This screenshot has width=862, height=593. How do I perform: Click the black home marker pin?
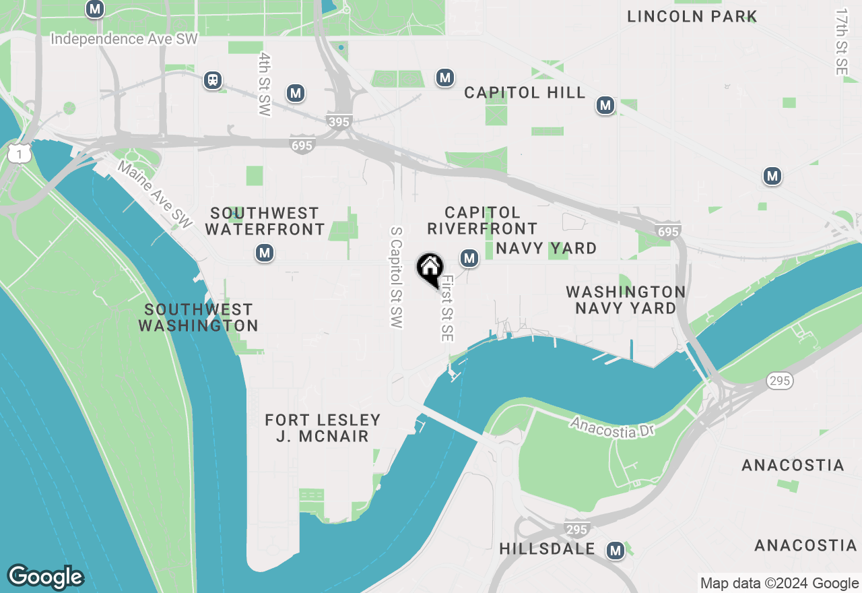pyautogui.click(x=430, y=268)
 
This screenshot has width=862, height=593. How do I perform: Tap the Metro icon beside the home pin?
pyautogui.click(x=469, y=257)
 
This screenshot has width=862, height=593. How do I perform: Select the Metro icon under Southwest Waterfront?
pyautogui.click(x=264, y=253)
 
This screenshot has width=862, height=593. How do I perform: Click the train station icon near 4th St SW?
pyautogui.click(x=213, y=80)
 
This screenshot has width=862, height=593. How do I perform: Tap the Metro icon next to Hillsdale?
pyautogui.click(x=614, y=551)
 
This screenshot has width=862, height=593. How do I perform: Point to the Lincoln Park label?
pyautogui.click(x=692, y=16)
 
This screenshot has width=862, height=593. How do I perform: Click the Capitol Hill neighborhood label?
pyautogui.click(x=525, y=93)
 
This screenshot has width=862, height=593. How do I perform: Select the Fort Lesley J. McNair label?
pyautogui.click(x=323, y=428)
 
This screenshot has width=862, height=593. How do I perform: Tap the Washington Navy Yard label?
pyautogui.click(x=626, y=300)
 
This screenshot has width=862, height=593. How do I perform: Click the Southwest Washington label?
pyautogui.click(x=198, y=317)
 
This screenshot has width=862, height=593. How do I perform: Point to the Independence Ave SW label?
pyautogui.click(x=125, y=39)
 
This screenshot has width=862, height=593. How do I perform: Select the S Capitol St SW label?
pyautogui.click(x=397, y=277)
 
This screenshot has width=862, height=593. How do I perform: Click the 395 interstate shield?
pyautogui.click(x=338, y=122)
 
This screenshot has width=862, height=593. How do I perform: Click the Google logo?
pyautogui.click(x=45, y=577)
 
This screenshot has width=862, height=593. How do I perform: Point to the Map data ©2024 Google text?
pyautogui.click(x=779, y=584)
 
